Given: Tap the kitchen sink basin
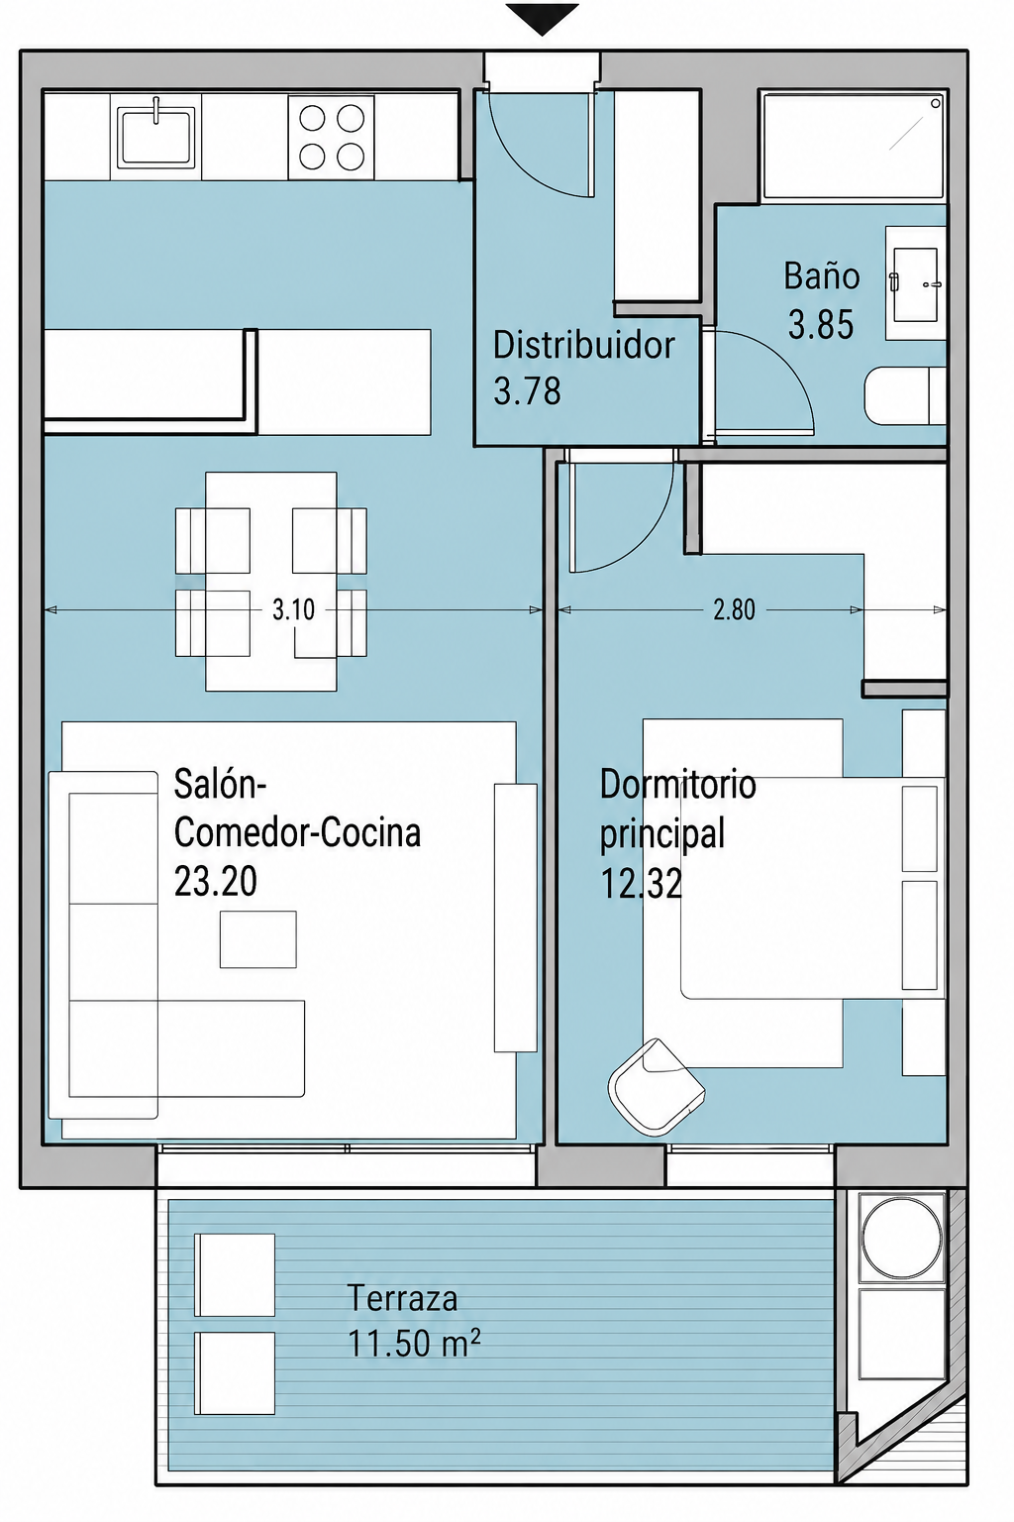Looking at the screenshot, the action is pos(155,137).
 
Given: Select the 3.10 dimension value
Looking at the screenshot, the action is pos(293,609).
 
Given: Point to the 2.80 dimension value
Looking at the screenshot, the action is pos(734,609).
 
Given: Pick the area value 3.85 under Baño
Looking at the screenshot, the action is pos(821,324).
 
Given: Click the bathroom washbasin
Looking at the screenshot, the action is pos(916,283).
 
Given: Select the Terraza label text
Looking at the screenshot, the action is pos(402,1297).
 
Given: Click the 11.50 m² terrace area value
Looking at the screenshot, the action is pos(414,1343).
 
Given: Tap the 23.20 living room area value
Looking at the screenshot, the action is pos(215,881).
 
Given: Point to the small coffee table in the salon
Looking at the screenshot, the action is pos(258,939).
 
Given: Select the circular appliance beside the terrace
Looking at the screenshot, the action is pos(901,1236).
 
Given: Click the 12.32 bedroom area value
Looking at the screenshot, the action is pos(641,884).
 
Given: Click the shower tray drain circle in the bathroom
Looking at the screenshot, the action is pos(936,103).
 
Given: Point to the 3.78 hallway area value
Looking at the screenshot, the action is pos(527,391).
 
